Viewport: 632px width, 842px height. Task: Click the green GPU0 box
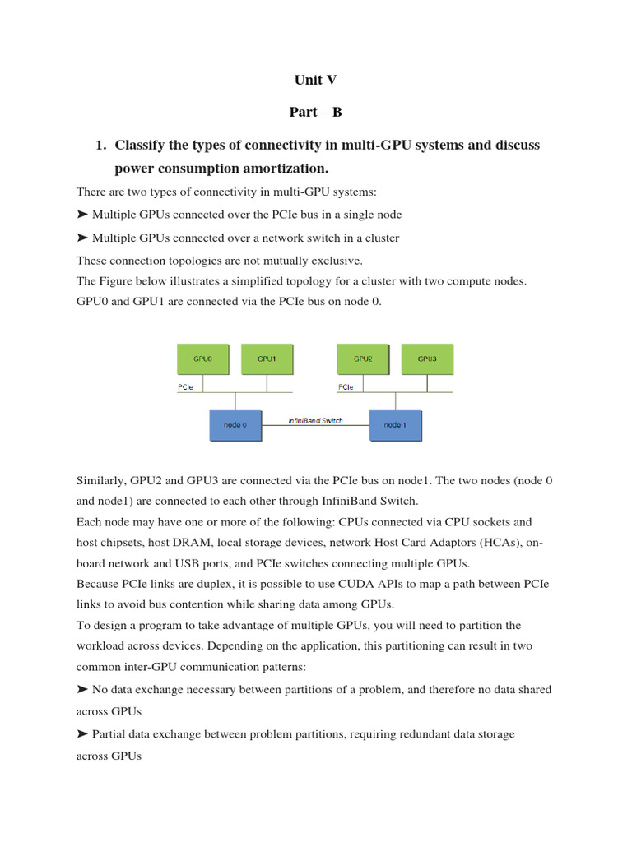point(202,359)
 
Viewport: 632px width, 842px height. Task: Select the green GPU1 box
point(266,359)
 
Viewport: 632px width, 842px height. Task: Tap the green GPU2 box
point(363,359)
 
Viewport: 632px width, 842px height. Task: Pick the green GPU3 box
point(426,359)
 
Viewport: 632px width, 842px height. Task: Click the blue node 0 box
point(235,424)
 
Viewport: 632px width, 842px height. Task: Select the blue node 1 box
point(395,424)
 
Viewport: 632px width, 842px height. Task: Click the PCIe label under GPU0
point(185,386)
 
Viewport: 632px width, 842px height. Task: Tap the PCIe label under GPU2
point(346,386)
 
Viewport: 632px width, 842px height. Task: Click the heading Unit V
point(315,81)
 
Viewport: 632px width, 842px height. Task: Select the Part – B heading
point(315,113)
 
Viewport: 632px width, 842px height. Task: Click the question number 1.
point(100,146)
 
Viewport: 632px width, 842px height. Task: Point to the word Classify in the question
point(142,146)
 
